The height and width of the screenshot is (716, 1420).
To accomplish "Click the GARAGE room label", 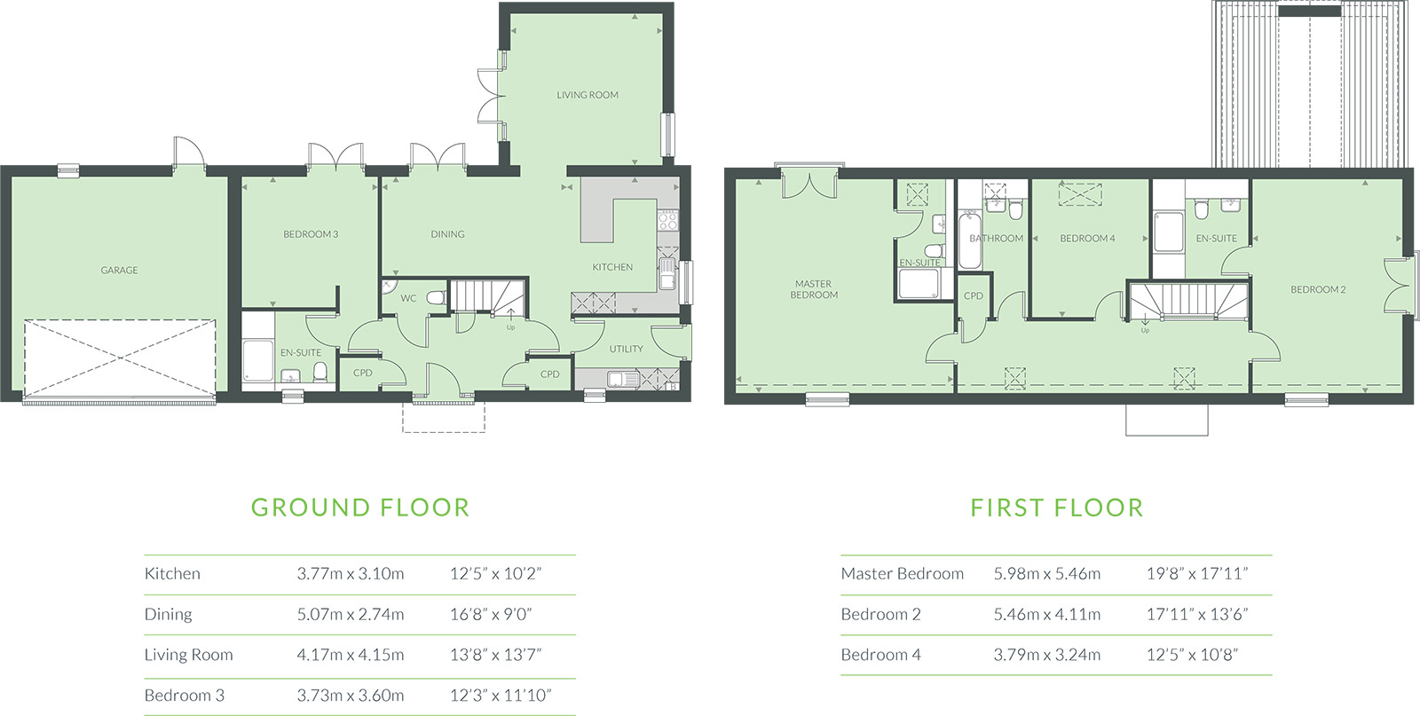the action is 119,271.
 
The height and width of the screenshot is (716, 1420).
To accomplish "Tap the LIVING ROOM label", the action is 587,95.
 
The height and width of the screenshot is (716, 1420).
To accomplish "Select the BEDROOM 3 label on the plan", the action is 311,234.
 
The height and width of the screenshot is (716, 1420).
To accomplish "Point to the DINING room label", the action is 447,234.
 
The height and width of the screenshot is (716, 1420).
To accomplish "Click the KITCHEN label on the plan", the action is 612,267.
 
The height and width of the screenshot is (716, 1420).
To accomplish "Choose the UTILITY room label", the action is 627,350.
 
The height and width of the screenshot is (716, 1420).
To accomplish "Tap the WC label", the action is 408,298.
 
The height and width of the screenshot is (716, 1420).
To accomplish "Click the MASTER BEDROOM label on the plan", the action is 814,289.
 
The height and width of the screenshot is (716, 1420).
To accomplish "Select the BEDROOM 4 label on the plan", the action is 1087,239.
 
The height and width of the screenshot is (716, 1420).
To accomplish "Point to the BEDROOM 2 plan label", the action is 1318,289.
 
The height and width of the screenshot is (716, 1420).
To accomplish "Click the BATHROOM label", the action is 996,239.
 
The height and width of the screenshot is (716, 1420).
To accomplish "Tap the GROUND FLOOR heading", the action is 360,507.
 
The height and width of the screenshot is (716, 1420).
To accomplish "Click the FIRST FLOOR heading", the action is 1057,507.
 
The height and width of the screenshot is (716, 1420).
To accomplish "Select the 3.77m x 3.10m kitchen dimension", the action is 350,573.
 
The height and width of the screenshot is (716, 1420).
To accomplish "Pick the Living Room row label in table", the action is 188,655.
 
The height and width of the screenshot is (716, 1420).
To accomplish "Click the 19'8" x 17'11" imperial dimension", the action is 1197,573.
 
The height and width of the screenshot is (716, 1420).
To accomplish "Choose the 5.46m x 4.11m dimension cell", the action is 1046,614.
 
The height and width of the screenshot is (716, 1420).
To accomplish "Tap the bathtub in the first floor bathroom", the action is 969,241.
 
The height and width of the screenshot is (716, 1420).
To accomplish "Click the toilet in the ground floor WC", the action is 436,298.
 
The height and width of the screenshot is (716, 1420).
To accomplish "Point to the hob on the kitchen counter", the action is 667,220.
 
